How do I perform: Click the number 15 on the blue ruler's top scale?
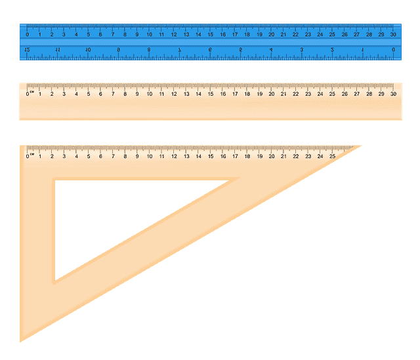[211, 34]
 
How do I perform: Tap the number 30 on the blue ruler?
[393, 34]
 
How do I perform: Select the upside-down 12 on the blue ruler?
[27, 50]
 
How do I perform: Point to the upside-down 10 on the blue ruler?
[88, 50]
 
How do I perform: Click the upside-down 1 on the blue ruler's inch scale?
[363, 50]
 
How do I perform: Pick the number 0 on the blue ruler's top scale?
[27, 34]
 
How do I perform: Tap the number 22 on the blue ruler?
[295, 34]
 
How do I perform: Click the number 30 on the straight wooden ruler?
[393, 94]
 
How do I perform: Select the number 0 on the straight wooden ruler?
[27, 94]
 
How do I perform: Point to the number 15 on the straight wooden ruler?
[211, 94]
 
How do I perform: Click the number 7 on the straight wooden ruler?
[112, 94]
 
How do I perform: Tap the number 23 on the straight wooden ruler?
[308, 94]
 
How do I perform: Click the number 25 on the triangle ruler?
[332, 156]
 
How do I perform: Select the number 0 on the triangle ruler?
[27, 156]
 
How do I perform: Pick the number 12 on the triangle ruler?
[174, 156]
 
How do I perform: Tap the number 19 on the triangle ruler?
[259, 156]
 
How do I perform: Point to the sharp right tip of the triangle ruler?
[361, 146]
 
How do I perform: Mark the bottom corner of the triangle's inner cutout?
[55, 281]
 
